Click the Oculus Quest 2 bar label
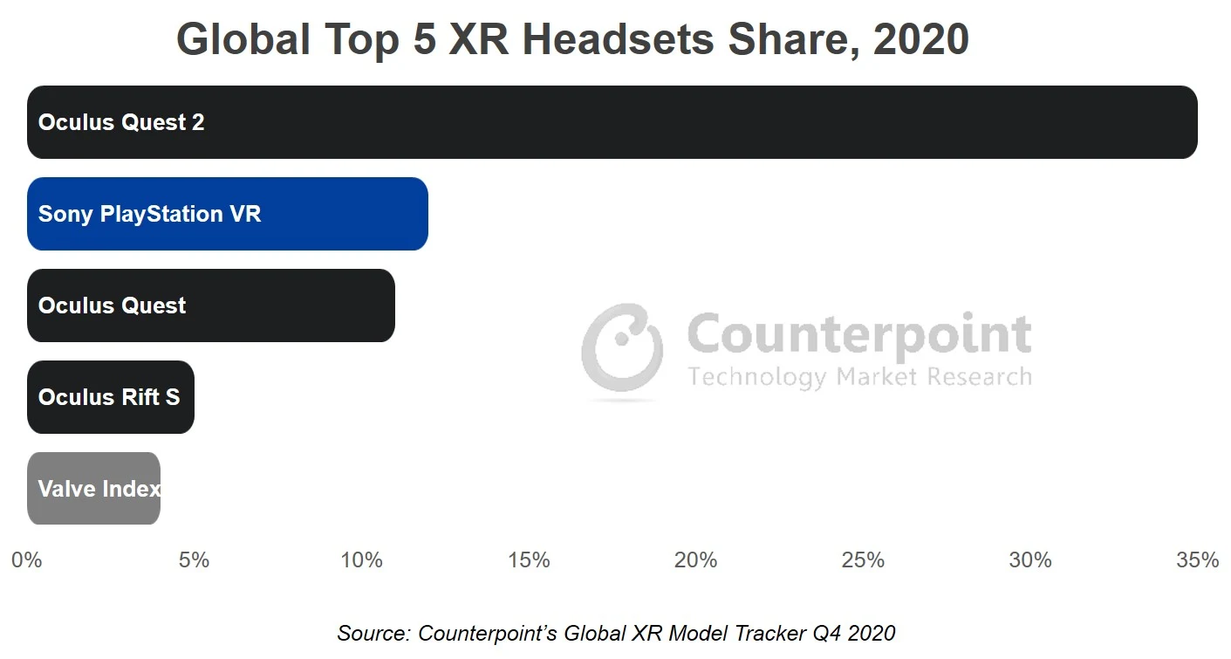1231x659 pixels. tap(121, 122)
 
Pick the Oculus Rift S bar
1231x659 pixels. tap(110, 397)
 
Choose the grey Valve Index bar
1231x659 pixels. tap(93, 489)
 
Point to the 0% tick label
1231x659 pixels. tap(27, 560)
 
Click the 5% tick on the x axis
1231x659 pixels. tap(194, 560)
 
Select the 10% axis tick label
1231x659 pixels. tap(361, 560)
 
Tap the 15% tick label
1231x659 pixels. tap(529, 560)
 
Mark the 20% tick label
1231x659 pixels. tap(695, 560)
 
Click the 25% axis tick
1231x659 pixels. tap(863, 560)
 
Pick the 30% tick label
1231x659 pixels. tap(1030, 560)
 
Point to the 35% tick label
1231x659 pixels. tap(1197, 560)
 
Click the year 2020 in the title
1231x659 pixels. tap(920, 39)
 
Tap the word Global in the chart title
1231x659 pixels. tap(243, 39)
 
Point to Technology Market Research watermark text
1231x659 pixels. tap(859, 377)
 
